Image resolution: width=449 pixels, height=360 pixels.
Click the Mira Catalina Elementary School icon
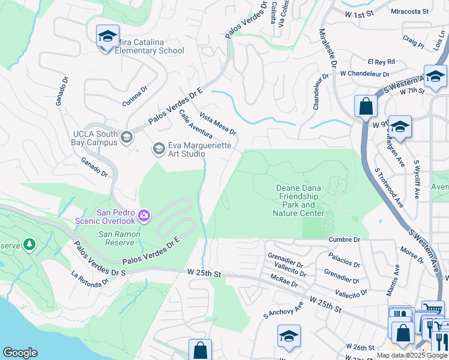point(107,37)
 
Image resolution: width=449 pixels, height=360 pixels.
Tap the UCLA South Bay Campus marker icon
point(126,138)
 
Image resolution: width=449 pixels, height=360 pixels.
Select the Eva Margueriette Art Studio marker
point(158,148)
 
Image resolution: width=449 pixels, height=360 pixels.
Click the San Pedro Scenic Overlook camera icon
point(144,215)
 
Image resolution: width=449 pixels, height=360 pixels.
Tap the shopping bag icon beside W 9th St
point(365,107)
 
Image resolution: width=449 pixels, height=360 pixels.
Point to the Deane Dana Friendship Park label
point(300,200)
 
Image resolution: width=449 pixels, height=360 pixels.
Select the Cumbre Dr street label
point(344,239)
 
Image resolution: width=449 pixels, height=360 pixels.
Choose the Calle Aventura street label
point(196,125)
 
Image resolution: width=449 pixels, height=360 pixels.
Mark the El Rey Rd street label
point(381,61)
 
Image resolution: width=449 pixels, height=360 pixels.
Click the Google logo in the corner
point(20,353)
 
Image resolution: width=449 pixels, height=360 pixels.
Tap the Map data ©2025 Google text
point(411,355)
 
